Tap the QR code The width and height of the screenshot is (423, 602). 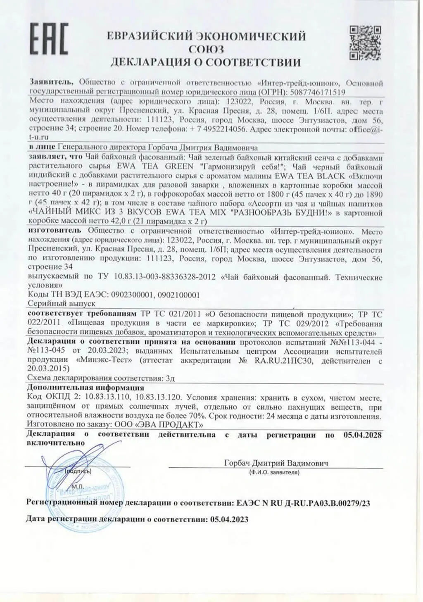365,43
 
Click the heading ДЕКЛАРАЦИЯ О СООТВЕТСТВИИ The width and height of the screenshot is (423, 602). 206,62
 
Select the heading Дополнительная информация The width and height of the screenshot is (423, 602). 85,388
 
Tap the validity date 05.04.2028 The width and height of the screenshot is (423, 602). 362,435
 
